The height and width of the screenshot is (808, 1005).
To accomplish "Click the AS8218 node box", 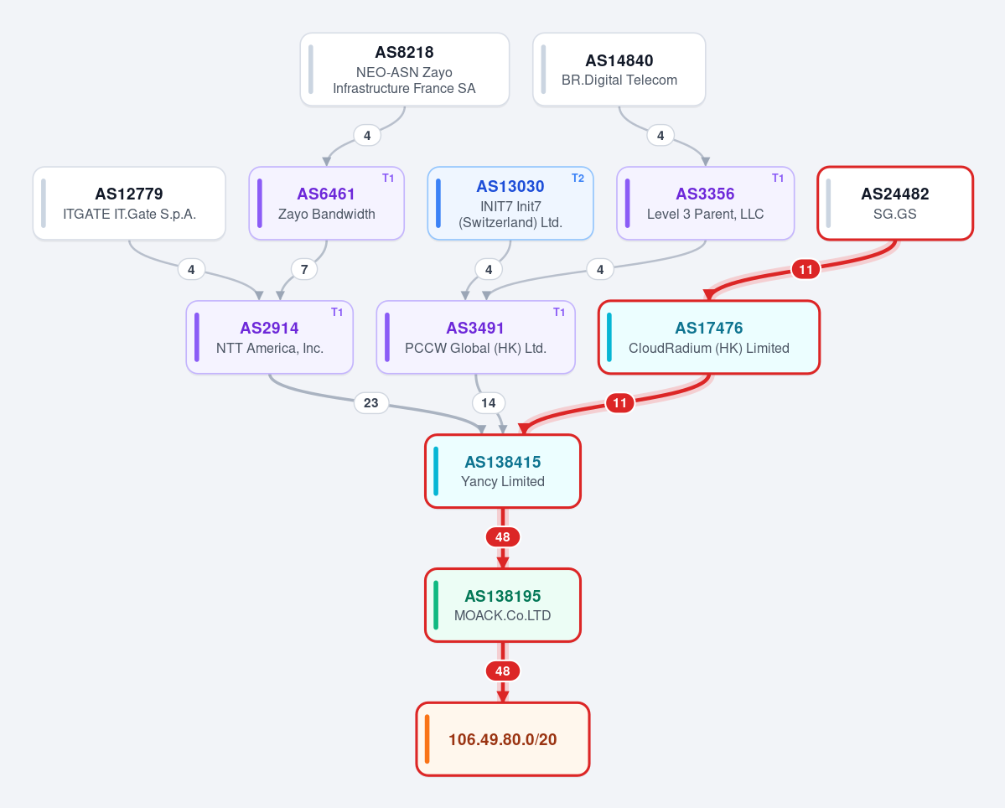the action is (x=405, y=70).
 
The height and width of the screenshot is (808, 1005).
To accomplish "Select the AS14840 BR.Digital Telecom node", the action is (x=619, y=70).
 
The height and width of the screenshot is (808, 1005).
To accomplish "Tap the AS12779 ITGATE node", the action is (x=129, y=203).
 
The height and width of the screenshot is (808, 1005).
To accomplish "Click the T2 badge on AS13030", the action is (x=578, y=179).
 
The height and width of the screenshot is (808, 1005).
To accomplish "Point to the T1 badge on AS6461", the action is (x=388, y=179).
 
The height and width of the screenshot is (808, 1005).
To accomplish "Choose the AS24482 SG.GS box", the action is (x=894, y=203).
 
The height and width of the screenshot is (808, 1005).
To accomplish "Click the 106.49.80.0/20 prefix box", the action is (x=503, y=738).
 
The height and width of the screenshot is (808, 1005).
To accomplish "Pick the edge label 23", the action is (x=371, y=403).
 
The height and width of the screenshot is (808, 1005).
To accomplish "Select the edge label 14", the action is (x=489, y=403).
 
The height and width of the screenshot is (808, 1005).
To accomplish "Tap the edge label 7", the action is (x=304, y=269).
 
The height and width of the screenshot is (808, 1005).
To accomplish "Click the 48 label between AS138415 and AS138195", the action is (x=503, y=537).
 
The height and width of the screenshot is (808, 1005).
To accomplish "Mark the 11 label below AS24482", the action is (x=806, y=269).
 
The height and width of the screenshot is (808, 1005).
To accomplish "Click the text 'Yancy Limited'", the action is (x=503, y=481).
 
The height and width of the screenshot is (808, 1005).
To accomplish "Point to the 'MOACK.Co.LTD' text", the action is (x=503, y=615).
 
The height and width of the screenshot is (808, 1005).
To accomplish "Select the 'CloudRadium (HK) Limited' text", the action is (x=709, y=348).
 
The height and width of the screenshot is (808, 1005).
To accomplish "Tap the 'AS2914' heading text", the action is (x=269, y=328).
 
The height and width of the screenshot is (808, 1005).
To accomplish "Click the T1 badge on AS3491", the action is (x=559, y=312).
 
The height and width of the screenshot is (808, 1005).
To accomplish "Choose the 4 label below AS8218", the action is (x=367, y=135).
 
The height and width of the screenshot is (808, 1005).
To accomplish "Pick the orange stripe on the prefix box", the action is (x=427, y=738).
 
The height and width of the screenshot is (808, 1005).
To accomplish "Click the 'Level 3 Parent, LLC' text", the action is (x=705, y=214).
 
